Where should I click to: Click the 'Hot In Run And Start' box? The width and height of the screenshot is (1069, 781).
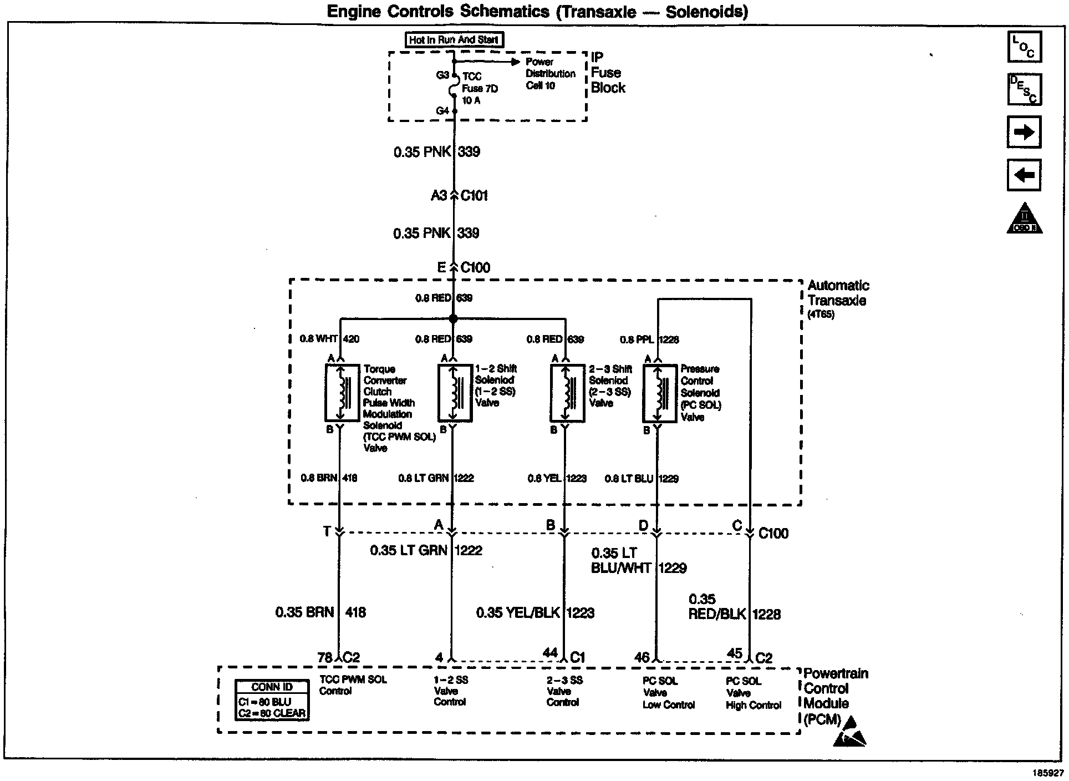coord(454,39)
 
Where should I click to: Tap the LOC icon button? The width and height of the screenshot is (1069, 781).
coord(1024,47)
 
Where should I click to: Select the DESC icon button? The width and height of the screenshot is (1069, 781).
coord(1024,89)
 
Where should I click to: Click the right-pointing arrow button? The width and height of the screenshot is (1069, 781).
coord(1024,132)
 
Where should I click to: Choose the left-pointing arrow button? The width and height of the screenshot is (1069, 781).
coord(1024,175)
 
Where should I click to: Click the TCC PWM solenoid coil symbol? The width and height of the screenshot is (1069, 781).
coord(342,393)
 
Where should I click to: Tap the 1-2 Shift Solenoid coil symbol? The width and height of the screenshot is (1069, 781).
coord(455,393)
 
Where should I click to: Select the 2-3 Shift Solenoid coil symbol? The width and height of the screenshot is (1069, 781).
coord(567,393)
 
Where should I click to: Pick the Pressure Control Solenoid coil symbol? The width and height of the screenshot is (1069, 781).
coord(659,393)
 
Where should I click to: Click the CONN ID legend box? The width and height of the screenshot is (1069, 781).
coord(272,700)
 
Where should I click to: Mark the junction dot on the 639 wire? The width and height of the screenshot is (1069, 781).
coord(454,319)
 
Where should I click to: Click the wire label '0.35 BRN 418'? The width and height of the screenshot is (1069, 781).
coord(320,612)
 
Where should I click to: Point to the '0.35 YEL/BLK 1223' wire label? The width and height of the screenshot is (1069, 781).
coord(535,613)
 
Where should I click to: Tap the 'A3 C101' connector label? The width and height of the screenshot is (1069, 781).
coord(460,195)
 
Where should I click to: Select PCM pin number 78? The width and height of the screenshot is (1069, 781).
coord(324,657)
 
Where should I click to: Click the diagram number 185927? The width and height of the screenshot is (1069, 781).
coord(1047,772)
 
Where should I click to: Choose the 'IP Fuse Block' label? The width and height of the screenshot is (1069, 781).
coord(608,73)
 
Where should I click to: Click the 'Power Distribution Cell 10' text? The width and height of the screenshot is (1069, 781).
coord(550,74)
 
